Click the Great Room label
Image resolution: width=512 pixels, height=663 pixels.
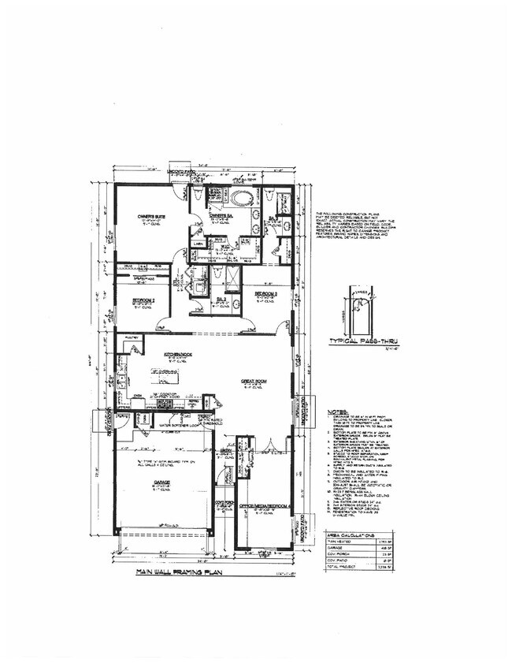(x=253, y=382)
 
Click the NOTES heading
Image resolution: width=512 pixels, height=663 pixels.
(x=336, y=412)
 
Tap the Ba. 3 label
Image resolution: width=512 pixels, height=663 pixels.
(x=223, y=300)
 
